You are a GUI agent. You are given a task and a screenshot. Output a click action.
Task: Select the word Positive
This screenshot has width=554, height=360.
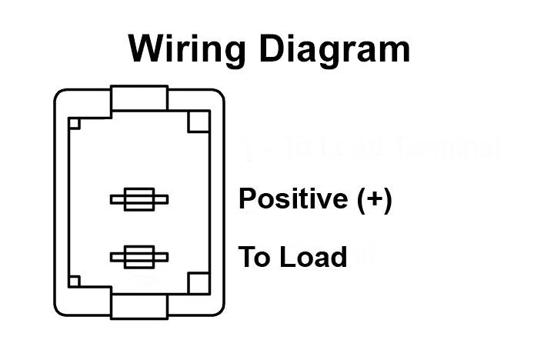point(293,198)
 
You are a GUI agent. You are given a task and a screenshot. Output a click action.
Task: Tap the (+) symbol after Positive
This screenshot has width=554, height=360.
point(375,199)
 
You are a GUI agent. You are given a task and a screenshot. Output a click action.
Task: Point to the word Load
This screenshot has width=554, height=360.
point(313,257)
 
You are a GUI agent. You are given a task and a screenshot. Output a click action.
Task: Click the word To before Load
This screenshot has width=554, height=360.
point(255,257)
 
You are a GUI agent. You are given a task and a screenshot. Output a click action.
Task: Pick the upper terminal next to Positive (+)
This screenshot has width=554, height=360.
point(139,200)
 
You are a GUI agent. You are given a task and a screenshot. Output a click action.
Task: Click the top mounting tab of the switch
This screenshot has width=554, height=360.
point(139,98)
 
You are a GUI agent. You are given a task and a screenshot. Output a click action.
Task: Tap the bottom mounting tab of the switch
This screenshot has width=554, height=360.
point(139,305)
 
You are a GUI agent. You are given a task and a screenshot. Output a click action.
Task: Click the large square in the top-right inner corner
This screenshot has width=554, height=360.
point(199,122)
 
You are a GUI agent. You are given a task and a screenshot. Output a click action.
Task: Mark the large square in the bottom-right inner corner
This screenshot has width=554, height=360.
point(199,282)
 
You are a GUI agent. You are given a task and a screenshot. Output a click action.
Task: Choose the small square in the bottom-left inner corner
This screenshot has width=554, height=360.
point(75,282)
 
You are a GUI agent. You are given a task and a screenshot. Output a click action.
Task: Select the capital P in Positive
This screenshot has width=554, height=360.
point(248,198)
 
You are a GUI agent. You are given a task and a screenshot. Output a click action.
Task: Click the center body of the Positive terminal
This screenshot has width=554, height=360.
point(139,200)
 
